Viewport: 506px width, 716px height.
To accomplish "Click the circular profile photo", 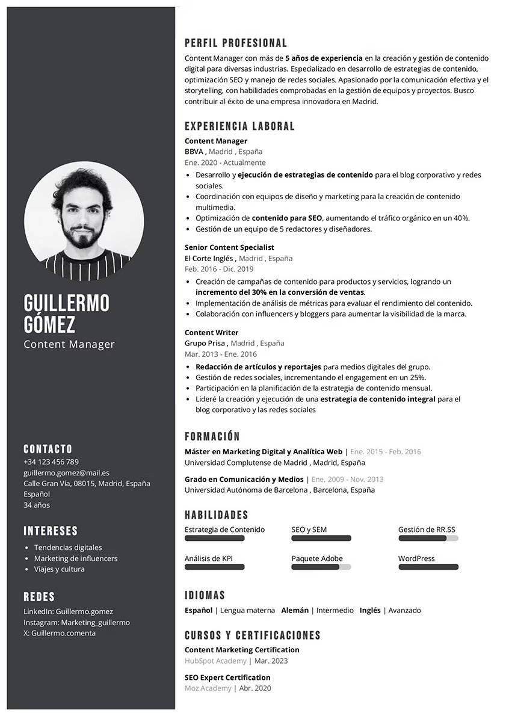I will click(84, 221).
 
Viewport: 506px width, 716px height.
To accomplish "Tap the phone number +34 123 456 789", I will click(51, 462).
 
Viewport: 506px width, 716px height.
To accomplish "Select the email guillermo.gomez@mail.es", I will click(66, 473).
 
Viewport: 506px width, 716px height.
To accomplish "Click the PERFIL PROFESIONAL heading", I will click(236, 43).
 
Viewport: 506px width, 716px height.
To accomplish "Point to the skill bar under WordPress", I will click(428, 567).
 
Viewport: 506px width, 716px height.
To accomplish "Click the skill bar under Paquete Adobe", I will click(321, 567).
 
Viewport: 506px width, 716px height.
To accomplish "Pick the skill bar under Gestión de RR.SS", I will click(428, 538).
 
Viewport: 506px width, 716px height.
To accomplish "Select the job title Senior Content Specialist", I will click(229, 247).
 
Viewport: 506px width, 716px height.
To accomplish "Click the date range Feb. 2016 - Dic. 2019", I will click(219, 269).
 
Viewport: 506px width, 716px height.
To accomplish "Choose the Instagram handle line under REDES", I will click(76, 622).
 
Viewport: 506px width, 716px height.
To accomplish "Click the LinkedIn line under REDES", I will click(68, 611).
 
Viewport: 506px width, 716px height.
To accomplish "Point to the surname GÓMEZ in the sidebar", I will click(49, 325).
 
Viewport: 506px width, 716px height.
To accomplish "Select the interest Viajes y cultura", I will click(59, 569).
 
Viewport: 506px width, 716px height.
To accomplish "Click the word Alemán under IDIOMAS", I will click(295, 610).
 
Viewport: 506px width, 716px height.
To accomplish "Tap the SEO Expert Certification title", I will click(227, 677).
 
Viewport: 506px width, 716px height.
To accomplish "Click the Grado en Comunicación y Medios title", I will click(244, 480).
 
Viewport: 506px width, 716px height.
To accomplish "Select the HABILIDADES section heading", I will click(217, 515).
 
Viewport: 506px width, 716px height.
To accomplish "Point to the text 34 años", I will click(37, 505).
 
